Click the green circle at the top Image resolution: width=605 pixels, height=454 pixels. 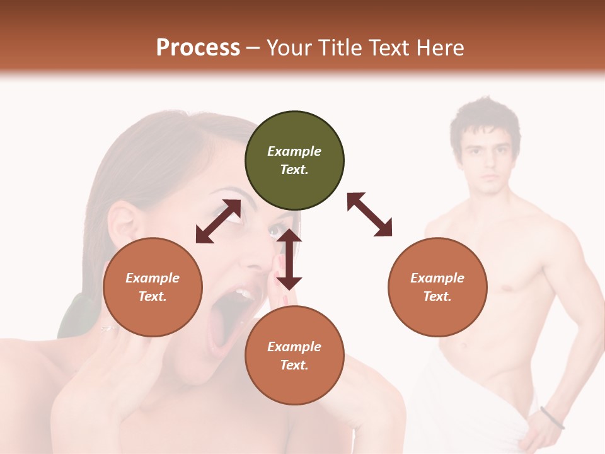pos(294,161)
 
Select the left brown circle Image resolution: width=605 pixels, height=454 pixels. pos(153,288)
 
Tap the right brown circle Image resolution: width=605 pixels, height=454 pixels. pos(437,288)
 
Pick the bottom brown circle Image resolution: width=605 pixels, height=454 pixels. pos(294,356)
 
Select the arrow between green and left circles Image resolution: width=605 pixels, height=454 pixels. pos(218,221)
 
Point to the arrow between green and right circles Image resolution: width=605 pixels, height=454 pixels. pos(369,214)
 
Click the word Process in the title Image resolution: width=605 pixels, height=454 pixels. pos(198,48)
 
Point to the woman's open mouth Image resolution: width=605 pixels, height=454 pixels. pos(226,322)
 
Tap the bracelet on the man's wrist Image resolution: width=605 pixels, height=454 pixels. pos(552,417)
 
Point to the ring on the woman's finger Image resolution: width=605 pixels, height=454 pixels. pos(108,328)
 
